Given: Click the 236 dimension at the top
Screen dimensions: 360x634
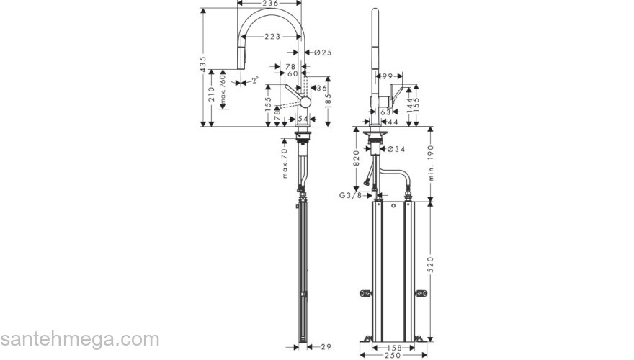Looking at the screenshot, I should pos(269,4).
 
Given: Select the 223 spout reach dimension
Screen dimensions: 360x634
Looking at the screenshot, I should pos(272,36).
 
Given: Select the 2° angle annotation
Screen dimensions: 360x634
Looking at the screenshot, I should pos(255,80).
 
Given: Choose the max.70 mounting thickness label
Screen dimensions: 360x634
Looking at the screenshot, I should pos(285,163).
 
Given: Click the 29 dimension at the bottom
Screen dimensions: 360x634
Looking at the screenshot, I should pos(325,347).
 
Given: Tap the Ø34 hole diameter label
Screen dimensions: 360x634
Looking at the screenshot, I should pos(396,149).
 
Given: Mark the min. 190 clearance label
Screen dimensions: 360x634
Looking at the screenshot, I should pos(432,163).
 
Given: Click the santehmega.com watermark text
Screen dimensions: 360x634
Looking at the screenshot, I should pos(79,338).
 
